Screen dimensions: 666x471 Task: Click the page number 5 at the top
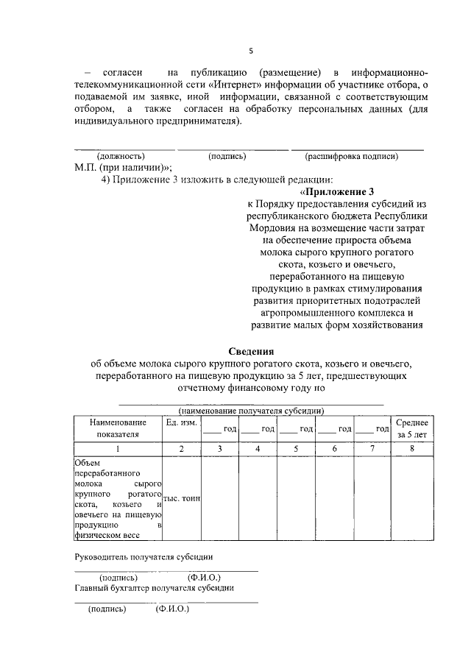(250, 51)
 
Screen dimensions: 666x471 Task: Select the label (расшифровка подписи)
(351, 156)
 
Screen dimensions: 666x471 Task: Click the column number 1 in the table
(118, 448)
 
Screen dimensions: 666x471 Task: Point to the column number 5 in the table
(296, 448)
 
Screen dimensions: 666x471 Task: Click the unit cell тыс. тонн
(181, 498)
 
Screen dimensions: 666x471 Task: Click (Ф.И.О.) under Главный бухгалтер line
(172, 609)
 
